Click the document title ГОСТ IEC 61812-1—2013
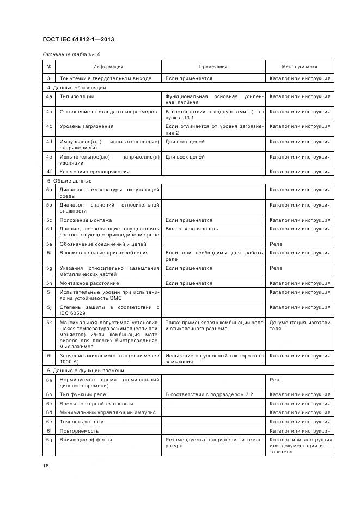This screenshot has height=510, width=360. click(78, 40)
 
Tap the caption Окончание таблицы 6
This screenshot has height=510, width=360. click(71, 54)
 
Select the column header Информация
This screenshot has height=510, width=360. click(108, 66)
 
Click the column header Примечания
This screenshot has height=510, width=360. click(213, 66)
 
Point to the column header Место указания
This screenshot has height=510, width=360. click(300, 66)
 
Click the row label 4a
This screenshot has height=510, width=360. click(48, 96)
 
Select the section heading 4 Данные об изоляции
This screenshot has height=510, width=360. click(76, 87)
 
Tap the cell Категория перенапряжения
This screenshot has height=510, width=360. click(95, 172)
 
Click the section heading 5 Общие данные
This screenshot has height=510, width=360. click(69, 180)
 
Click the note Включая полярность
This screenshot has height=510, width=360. click(192, 229)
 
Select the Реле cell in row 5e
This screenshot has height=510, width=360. click(276, 244)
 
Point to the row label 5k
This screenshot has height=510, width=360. click(48, 323)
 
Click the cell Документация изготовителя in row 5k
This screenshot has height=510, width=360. click(300, 325)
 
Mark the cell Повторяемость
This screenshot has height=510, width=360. click(80, 430)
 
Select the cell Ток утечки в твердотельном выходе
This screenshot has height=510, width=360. click(106, 78)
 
